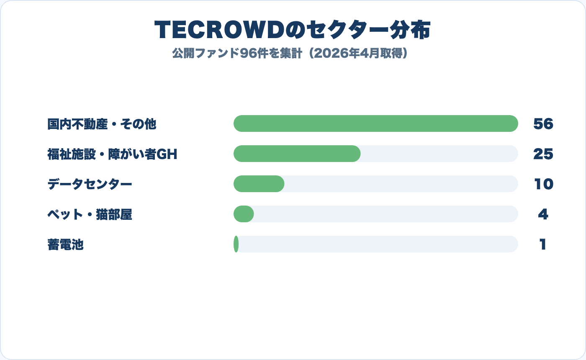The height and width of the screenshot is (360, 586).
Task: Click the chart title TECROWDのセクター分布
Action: (x=293, y=30)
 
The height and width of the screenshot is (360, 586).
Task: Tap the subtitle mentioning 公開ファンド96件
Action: (x=290, y=54)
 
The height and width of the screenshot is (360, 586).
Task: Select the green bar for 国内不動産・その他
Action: (x=375, y=123)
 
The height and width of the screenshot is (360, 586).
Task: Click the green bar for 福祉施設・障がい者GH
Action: (x=297, y=154)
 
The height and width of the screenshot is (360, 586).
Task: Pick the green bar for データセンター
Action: (x=259, y=184)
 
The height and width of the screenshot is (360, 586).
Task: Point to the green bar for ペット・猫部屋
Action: (x=244, y=214)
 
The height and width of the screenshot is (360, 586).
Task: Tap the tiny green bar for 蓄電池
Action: (x=236, y=244)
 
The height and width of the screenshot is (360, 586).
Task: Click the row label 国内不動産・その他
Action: (x=102, y=124)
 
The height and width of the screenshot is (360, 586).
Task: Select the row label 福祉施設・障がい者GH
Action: (x=112, y=154)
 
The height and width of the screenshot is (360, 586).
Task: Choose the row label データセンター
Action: (x=90, y=184)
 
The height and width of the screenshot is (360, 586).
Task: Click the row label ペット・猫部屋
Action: (x=90, y=214)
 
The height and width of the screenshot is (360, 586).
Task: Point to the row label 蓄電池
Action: (x=66, y=244)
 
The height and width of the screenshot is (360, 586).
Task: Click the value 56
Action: (x=543, y=124)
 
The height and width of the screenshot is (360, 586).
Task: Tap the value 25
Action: (x=543, y=154)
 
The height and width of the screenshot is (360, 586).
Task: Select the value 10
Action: (x=543, y=184)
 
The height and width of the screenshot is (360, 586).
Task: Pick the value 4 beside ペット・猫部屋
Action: (x=543, y=214)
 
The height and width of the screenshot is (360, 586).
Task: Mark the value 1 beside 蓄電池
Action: (x=543, y=244)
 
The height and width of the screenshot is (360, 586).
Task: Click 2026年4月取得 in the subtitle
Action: (x=360, y=54)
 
